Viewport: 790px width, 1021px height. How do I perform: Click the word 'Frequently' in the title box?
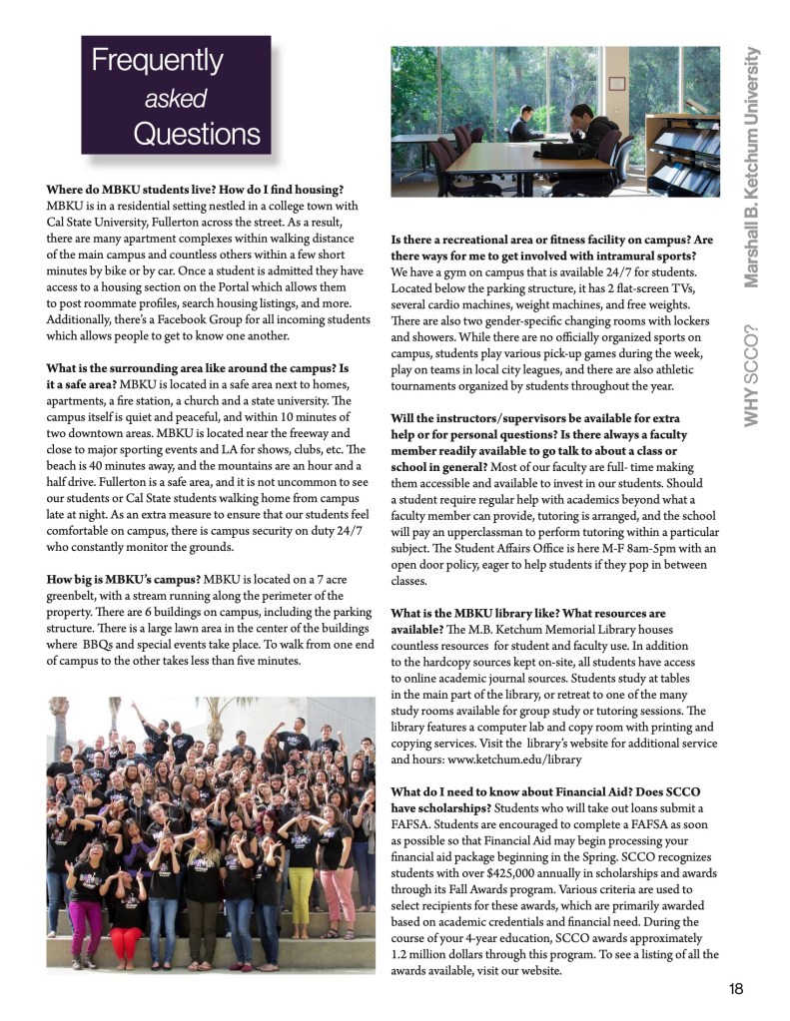158,62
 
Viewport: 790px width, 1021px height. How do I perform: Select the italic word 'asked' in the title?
175,98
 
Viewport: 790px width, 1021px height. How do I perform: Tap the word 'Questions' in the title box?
197,134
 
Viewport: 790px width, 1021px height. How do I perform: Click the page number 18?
736,989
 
